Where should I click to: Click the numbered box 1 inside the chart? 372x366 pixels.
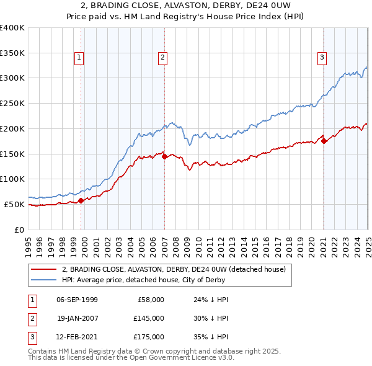(80, 58)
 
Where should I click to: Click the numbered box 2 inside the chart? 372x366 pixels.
(162, 58)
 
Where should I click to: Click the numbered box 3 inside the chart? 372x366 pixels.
(322, 58)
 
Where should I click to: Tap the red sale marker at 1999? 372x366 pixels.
(81, 200)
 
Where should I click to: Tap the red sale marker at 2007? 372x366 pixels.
(164, 157)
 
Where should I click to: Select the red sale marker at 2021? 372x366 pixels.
(324, 141)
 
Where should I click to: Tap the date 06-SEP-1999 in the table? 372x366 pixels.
(77, 300)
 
